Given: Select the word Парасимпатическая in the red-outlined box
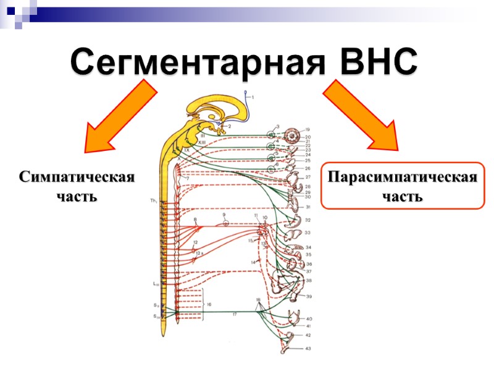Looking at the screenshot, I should click(403, 178).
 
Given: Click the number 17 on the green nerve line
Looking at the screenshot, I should click(235, 314).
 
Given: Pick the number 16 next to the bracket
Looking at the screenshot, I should click(209, 305).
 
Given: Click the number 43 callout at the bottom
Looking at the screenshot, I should click(308, 349).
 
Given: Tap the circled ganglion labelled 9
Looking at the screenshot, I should click(225, 223).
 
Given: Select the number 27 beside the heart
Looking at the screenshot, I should click(308, 177).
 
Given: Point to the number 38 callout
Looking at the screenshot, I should click(308, 281).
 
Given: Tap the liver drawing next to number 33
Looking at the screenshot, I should click(294, 233).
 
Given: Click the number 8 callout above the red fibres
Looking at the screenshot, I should click(195, 219).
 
